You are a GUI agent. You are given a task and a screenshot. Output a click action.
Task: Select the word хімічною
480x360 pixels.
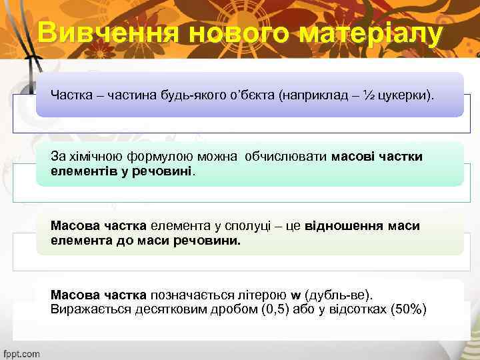94,157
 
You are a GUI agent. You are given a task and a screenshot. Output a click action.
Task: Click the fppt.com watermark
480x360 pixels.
22,353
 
